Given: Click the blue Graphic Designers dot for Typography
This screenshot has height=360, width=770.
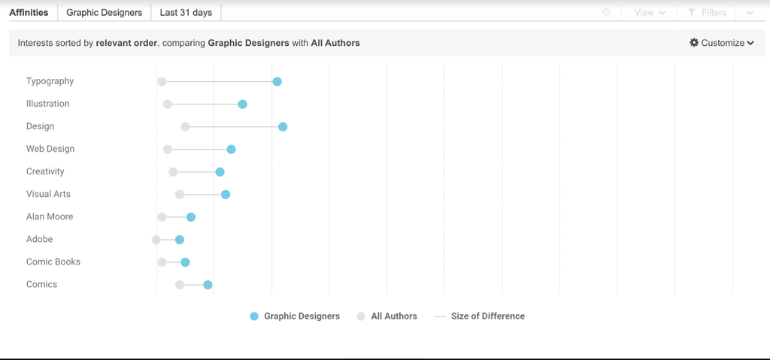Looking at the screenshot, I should (277, 81).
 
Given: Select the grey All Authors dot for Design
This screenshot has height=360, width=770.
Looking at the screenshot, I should (185, 126).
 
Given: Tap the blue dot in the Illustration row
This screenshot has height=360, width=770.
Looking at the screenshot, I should (242, 104).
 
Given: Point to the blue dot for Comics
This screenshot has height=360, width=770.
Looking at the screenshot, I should (208, 284).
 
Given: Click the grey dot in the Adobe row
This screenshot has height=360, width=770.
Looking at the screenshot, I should (156, 240).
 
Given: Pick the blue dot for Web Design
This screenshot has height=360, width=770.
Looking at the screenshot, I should (231, 149).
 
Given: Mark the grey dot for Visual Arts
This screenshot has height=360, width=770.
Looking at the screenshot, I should (180, 195).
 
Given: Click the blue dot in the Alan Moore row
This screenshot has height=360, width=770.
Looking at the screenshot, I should (191, 217).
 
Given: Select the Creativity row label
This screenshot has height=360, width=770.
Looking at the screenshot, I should (45, 171).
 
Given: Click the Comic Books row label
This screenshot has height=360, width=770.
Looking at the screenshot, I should (53, 262).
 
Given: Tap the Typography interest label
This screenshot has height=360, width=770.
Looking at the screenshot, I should (50, 81).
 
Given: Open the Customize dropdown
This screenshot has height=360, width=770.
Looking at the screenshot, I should (721, 43).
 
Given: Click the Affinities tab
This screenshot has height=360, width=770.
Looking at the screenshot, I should (29, 13).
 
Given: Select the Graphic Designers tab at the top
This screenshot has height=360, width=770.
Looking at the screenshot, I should (104, 13).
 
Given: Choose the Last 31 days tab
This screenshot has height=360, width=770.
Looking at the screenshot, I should (186, 13).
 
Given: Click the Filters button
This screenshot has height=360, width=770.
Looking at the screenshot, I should (707, 13).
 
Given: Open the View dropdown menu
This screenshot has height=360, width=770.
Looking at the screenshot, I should (650, 13).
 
